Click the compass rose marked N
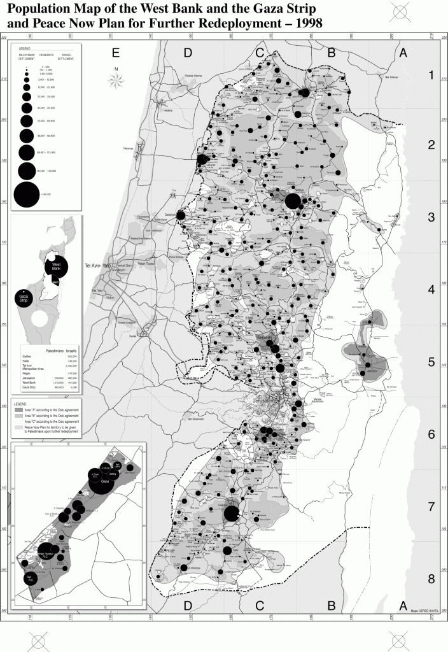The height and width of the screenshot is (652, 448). point(116,78)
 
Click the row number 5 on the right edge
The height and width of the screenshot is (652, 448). point(430,362)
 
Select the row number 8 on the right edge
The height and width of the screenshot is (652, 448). point(430,579)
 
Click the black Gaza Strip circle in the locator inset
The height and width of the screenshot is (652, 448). point(25,297)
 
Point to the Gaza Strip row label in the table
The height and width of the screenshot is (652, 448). point(29,386)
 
